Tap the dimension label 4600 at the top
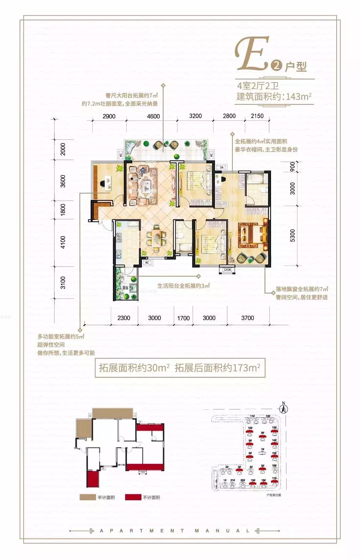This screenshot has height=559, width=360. pos(153,116)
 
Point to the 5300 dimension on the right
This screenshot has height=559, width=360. pos(292,235)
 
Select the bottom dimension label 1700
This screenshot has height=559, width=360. pos(183,318)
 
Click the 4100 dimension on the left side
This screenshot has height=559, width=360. pos(63,242)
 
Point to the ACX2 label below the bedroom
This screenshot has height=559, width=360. pos(227,270)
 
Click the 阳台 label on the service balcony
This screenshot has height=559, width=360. pos(125,288)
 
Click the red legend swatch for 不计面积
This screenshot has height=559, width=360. pos(133,497)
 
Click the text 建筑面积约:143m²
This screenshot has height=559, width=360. pos(274,96)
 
